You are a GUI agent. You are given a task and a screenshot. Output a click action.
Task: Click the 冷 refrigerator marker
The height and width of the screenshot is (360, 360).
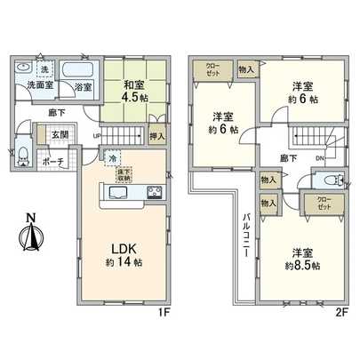tap(113, 158)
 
